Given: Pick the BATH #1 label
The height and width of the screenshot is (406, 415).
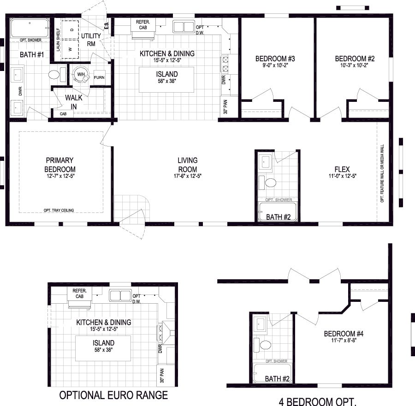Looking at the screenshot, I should [x=31, y=54].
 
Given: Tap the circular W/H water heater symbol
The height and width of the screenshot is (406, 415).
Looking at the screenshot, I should [x=81, y=75].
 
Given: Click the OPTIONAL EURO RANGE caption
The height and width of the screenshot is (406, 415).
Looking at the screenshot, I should [x=113, y=395].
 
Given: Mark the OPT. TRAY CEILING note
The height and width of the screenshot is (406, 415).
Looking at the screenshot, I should [x=59, y=210].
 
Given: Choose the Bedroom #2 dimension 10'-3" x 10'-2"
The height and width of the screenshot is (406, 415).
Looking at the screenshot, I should [x=354, y=65].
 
